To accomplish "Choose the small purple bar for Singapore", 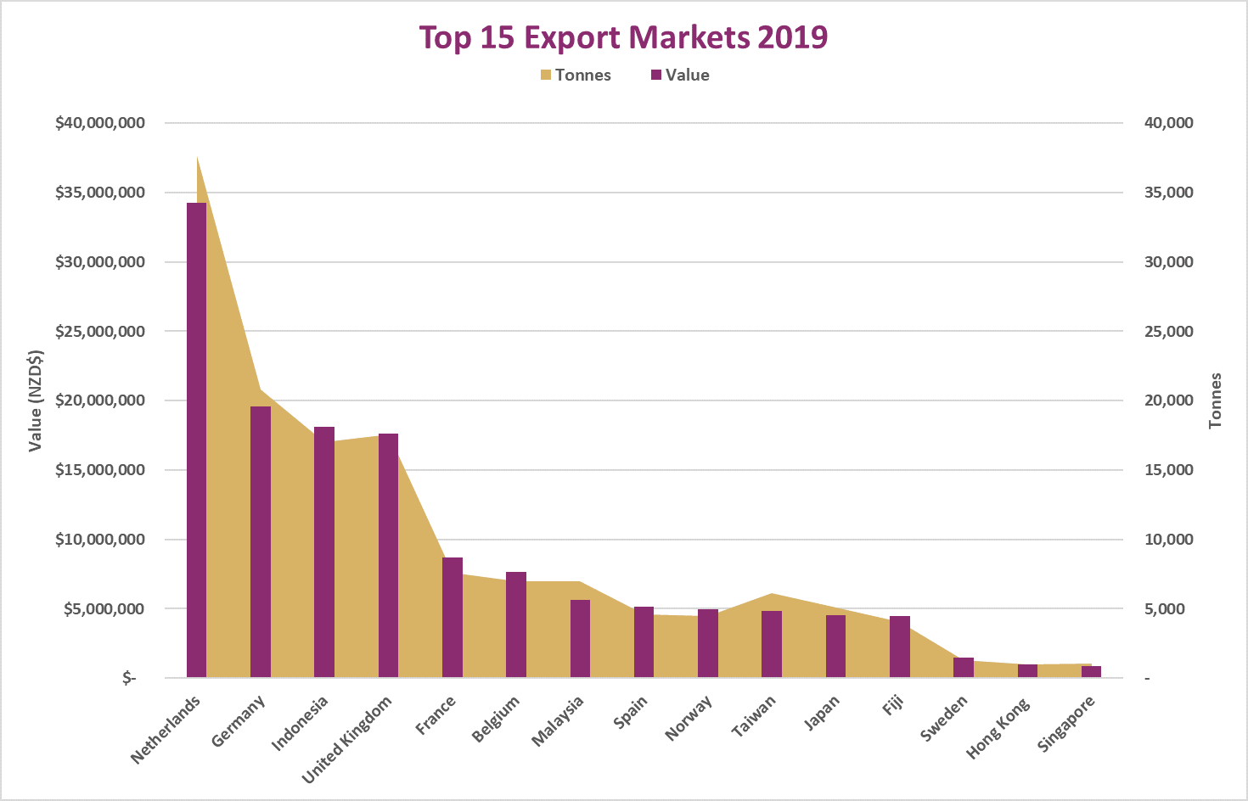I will pyautogui.click(x=1091, y=671).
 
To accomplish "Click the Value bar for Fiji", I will pyautogui.click(x=900, y=647).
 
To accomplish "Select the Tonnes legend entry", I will pyautogui.click(x=576, y=75).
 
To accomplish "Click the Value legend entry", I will pyautogui.click(x=680, y=75).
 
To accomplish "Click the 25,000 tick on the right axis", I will pyautogui.click(x=1168, y=331).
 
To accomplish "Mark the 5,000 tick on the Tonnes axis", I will pyautogui.click(x=1164, y=608).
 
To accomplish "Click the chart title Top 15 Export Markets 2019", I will pyautogui.click(x=623, y=37).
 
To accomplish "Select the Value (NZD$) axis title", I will pyautogui.click(x=36, y=400).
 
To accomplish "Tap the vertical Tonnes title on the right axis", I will pyautogui.click(x=1215, y=400).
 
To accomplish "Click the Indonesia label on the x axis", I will pyautogui.click(x=300, y=724).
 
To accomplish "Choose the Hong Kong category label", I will pyautogui.click(x=998, y=728).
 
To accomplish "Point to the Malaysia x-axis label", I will pyautogui.click(x=558, y=721).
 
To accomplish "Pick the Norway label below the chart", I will pyautogui.click(x=689, y=718).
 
